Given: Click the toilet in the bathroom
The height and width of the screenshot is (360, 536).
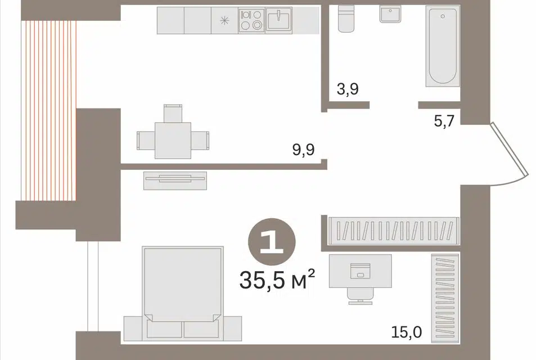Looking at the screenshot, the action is [346, 19].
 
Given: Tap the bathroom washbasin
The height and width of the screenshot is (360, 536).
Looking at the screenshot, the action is [390, 14].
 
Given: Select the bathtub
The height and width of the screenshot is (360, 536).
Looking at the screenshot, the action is [443, 46].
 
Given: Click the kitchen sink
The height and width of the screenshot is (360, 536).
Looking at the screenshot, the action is [279, 20].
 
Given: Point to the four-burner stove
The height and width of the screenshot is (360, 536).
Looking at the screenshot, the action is [251, 20].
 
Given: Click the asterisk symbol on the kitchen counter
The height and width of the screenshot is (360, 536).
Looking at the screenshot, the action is [224, 21].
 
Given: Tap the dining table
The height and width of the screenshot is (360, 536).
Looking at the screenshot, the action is [173, 140].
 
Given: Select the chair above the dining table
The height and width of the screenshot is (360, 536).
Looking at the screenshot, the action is [173, 113].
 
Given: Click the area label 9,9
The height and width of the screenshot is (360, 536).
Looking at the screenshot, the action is [303, 150].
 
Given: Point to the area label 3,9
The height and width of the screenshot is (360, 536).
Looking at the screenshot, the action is [348, 89].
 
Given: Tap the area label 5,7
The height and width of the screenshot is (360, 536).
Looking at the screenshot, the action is [444, 121].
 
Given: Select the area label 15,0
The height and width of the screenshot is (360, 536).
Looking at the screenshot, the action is [407, 332].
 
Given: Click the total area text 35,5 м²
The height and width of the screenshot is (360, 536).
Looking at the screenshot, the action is [277, 280].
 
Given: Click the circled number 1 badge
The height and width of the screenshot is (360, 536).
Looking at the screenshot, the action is [272, 242].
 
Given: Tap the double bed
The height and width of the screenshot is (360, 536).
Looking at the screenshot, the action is [183, 293].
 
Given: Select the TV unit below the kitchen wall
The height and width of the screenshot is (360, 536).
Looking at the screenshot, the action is [175, 181].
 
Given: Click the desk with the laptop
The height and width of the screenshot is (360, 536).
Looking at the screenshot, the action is [361, 271].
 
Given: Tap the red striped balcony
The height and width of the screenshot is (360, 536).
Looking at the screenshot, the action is [48, 110].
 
